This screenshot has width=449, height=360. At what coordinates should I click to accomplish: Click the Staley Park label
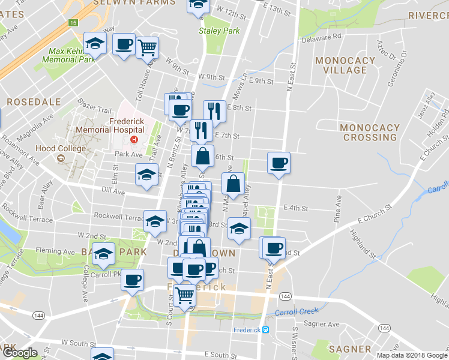point(219,31)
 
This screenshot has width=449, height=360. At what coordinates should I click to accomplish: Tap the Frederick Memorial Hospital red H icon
point(134,140)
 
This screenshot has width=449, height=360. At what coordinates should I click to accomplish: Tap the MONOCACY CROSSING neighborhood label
point(369,132)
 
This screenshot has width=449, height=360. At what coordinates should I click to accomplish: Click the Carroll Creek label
point(295,313)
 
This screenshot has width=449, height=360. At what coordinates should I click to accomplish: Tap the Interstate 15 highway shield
point(73,23)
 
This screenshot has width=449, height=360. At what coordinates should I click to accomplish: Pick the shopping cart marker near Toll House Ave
point(147,46)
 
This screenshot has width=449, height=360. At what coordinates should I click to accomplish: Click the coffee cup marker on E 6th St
point(279,163)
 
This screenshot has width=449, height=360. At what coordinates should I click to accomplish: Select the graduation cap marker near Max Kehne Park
point(95,43)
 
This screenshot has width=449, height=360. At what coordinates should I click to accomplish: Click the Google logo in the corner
point(20,353)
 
